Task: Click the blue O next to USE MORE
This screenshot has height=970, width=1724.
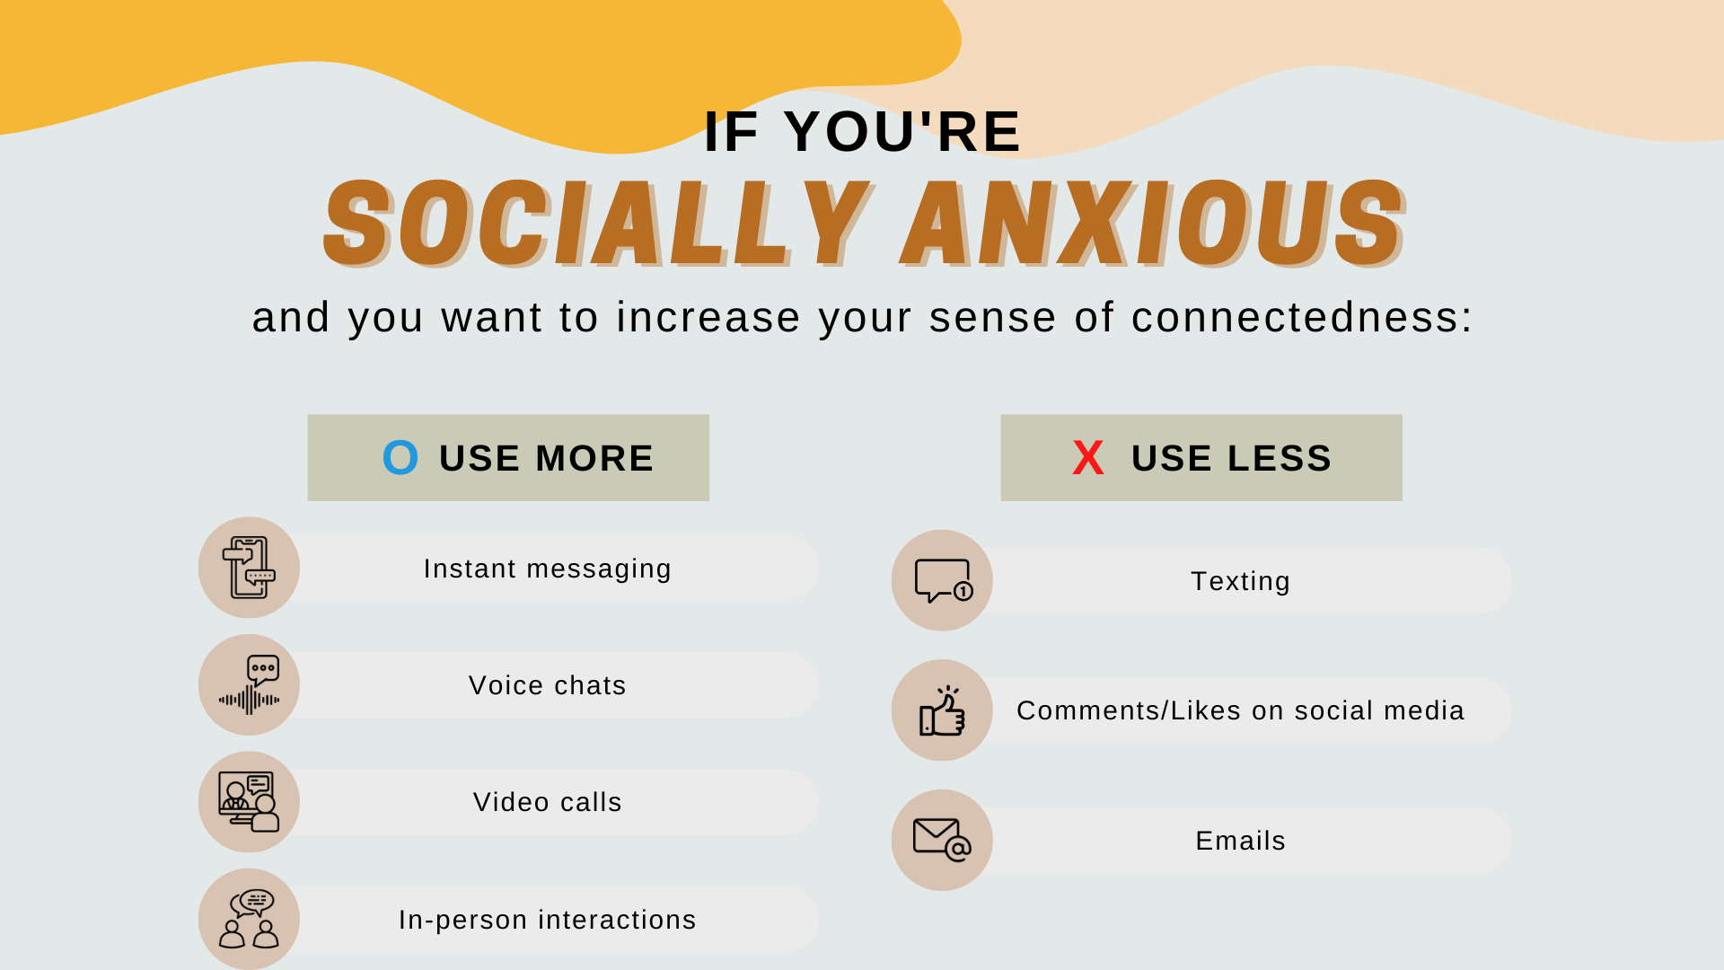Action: (x=400, y=457)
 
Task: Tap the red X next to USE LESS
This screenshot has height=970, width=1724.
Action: (x=1088, y=458)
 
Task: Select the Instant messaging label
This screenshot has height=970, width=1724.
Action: (x=548, y=569)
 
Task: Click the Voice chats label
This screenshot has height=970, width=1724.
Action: (x=548, y=685)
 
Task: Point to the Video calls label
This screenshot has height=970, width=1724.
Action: (x=548, y=802)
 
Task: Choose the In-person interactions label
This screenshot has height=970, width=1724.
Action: (x=548, y=920)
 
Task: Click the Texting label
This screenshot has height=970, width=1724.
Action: (x=1241, y=582)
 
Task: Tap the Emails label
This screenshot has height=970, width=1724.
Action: (x=1241, y=841)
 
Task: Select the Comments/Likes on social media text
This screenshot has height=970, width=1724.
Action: (x=1241, y=710)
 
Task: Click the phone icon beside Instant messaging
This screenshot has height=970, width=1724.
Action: (x=249, y=568)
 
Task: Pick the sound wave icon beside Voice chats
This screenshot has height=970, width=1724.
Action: (x=249, y=685)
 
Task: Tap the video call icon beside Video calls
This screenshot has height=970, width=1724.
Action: (x=249, y=802)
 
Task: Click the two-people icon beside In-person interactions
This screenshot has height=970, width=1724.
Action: (x=249, y=919)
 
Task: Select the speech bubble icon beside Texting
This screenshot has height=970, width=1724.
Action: (x=943, y=580)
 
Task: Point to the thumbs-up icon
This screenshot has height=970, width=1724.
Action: (x=942, y=710)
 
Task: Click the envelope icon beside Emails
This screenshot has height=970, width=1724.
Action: (x=942, y=840)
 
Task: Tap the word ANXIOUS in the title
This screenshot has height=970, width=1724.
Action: (x=1153, y=223)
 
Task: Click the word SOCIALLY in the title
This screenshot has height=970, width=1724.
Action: (x=598, y=223)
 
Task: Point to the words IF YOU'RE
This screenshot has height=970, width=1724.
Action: (x=863, y=131)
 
